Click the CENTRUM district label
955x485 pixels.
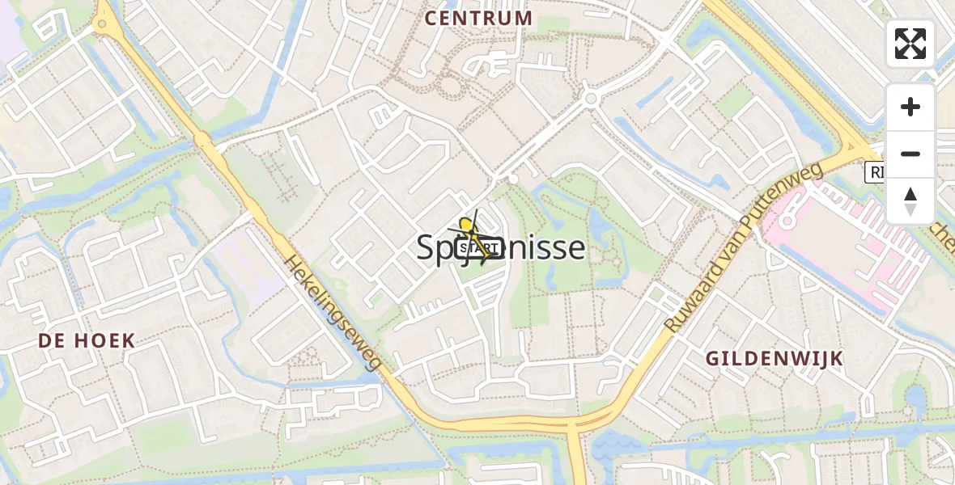pos(478,18)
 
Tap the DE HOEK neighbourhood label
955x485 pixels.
pos(87,340)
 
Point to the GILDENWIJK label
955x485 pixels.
pos(775,358)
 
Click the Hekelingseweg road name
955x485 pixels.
pos(333,313)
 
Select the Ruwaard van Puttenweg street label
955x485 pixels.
pos(743,247)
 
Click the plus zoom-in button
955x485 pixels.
pos(910,107)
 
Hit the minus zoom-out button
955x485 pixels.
pos(910,154)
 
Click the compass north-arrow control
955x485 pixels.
pos(910,200)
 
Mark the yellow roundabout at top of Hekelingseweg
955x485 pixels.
pos(102,25)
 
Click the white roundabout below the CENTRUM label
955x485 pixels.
pos(591,99)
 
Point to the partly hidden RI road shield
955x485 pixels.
pos(875,171)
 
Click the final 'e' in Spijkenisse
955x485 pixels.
pos(575,247)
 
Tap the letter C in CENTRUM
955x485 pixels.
pos(431,18)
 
